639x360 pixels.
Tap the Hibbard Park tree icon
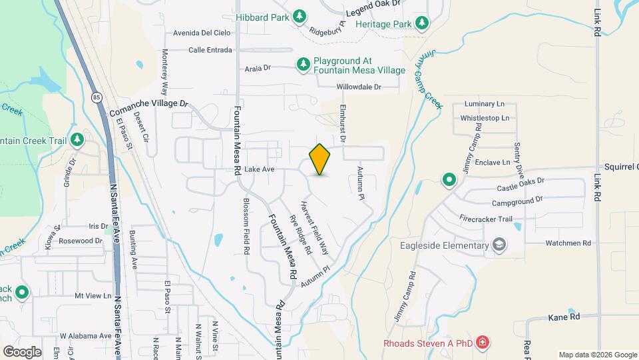300,15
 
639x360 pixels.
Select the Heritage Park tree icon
421,24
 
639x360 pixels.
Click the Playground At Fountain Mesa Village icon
304,63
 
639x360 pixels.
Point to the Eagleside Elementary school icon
498,246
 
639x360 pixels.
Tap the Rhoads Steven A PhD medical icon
483,343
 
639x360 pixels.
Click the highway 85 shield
97,97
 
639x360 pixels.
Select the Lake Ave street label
260,169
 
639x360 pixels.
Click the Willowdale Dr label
358,87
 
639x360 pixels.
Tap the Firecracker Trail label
485,218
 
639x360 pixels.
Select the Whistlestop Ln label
484,118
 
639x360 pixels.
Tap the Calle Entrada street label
210,50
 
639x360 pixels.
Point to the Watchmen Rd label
568,243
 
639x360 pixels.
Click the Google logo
22,351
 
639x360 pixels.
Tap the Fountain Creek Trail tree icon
78,140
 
